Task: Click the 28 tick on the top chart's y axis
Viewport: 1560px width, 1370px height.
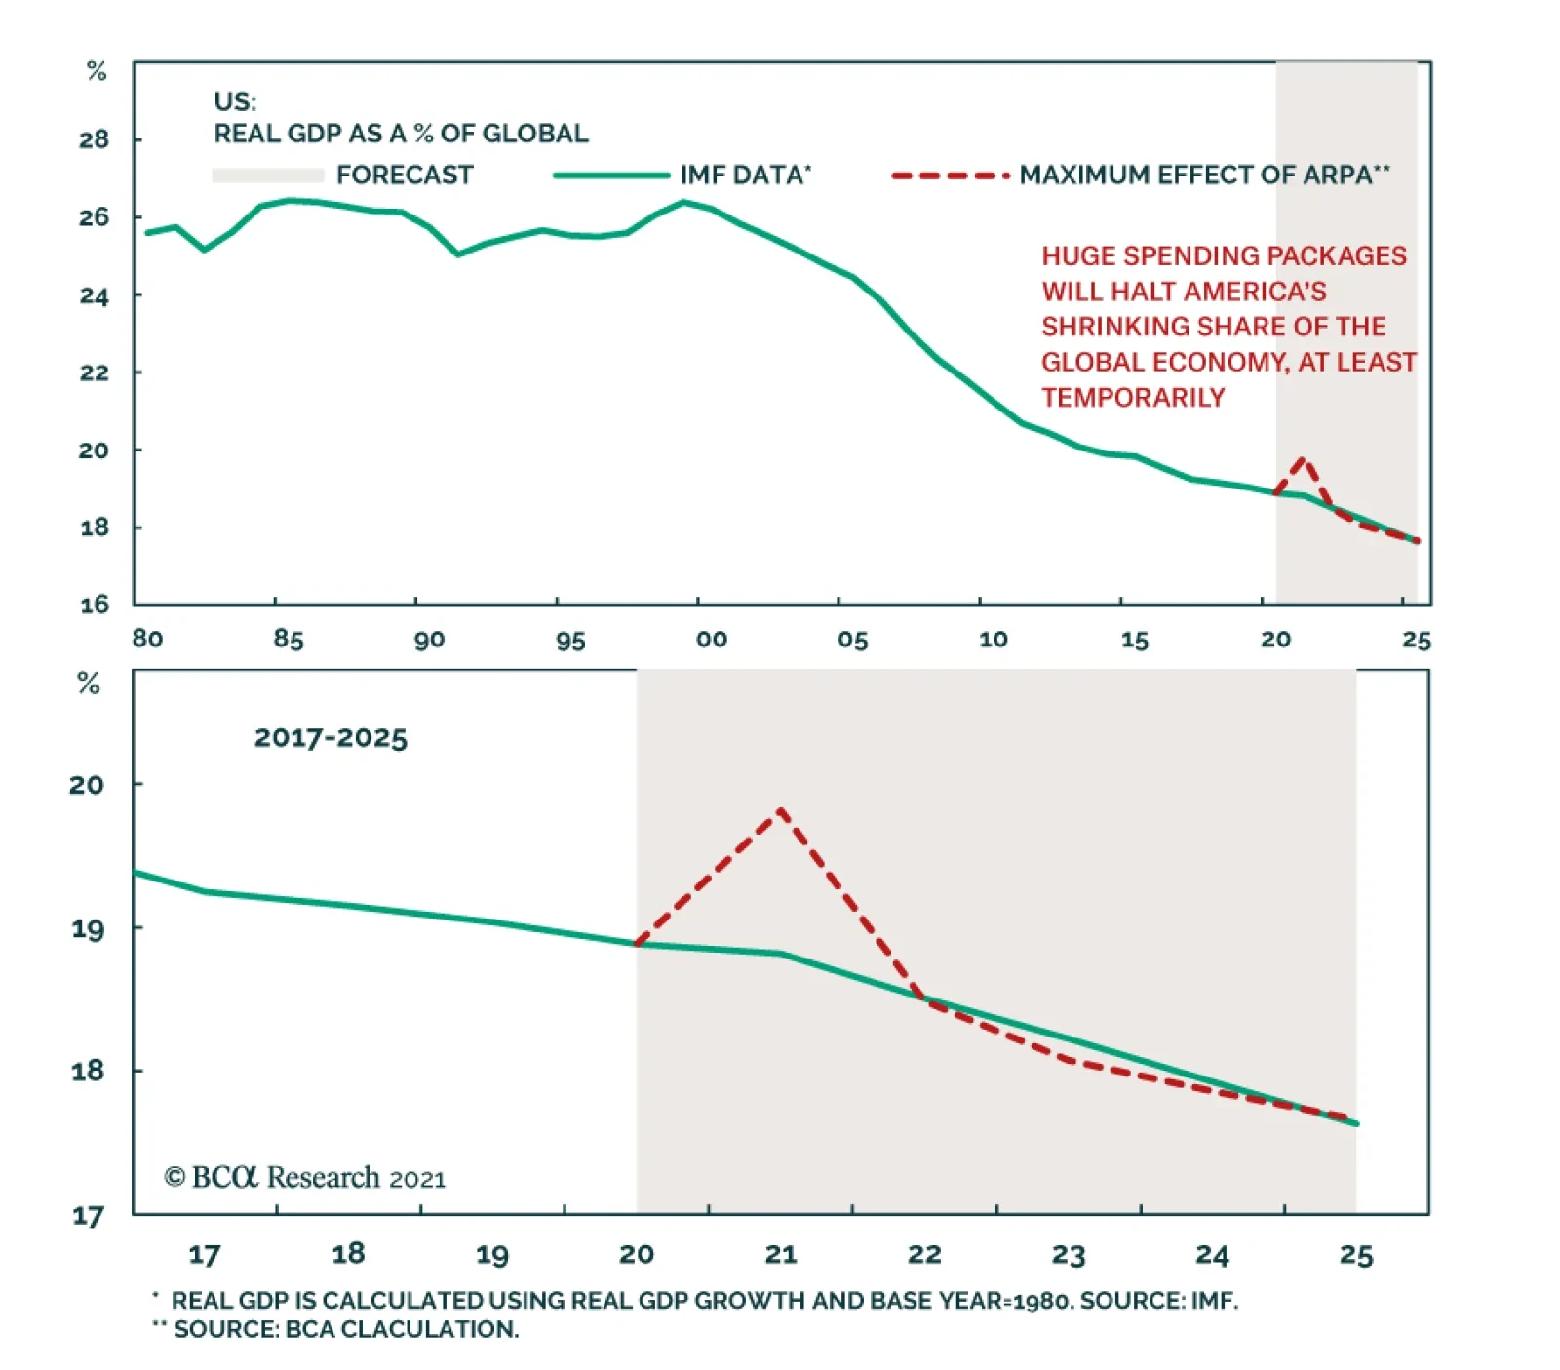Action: pyautogui.click(x=95, y=139)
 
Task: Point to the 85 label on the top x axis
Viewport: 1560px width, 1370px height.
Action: pyautogui.click(x=289, y=640)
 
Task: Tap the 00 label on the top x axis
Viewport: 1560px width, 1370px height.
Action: pyautogui.click(x=712, y=640)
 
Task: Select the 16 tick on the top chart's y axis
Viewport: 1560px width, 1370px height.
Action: pyautogui.click(x=95, y=605)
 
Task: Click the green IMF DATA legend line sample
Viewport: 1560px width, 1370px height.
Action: pyautogui.click(x=611, y=176)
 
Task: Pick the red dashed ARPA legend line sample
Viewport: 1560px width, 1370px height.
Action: pyautogui.click(x=950, y=176)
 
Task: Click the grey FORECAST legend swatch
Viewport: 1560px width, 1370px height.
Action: pyautogui.click(x=268, y=176)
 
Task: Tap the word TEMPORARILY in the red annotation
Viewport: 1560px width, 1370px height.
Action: pyautogui.click(x=1133, y=398)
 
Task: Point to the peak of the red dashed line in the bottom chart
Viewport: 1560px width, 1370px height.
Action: pyautogui.click(x=781, y=810)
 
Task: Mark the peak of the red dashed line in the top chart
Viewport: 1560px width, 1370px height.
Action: pyautogui.click(x=1303, y=459)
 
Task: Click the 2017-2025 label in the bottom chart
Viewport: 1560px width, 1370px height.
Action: pyautogui.click(x=331, y=738)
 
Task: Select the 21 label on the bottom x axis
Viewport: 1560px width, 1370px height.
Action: pyautogui.click(x=780, y=1255)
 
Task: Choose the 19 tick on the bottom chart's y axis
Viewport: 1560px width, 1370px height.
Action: pyautogui.click(x=88, y=928)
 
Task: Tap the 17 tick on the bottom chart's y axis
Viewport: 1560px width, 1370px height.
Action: pyautogui.click(x=88, y=1216)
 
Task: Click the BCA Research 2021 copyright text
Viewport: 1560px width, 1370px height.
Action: pyautogui.click(x=304, y=1178)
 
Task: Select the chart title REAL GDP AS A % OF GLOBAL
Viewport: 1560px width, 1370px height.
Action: pyautogui.click(x=401, y=134)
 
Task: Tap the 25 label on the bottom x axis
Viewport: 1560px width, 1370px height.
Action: pyautogui.click(x=1356, y=1255)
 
